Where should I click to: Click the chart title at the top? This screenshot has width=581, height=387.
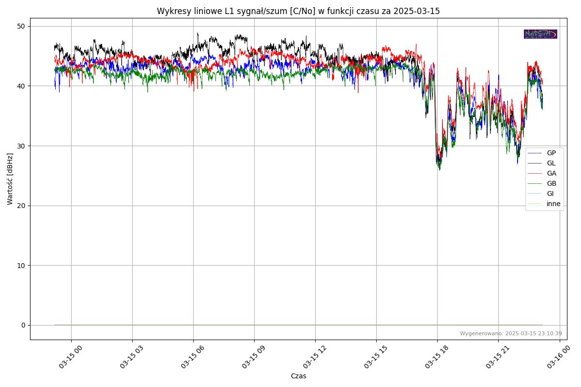298,11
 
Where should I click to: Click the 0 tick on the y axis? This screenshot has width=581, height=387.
23,325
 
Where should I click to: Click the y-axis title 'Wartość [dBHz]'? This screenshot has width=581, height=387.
10,179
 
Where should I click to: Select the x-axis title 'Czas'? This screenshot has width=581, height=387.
298,376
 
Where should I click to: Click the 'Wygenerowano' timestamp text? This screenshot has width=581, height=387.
511,333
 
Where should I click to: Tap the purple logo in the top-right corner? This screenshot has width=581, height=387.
540,34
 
